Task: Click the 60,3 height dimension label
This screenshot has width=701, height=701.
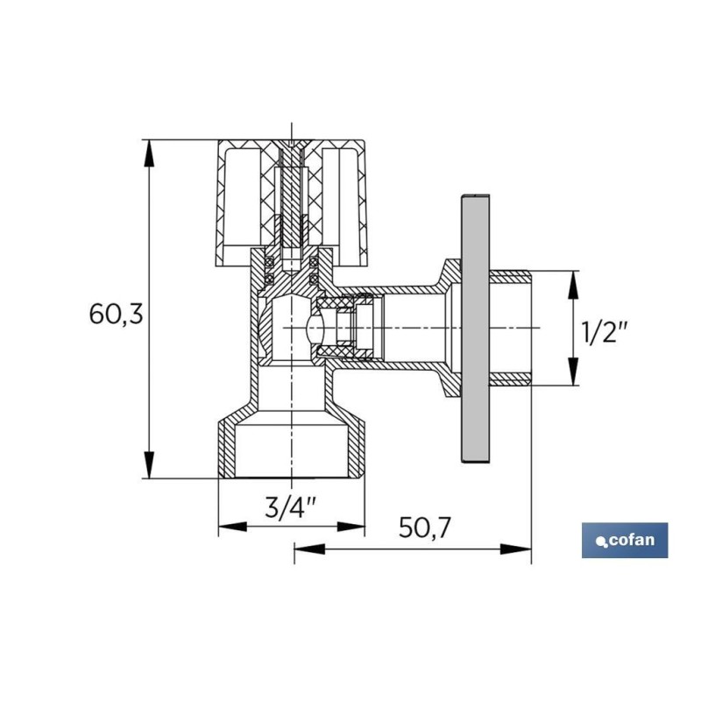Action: pyautogui.click(x=117, y=314)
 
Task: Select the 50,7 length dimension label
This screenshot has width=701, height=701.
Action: pyautogui.click(x=425, y=528)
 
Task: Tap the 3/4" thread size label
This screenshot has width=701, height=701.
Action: pyautogui.click(x=291, y=507)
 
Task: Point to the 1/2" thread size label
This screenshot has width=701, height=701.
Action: pyautogui.click(x=605, y=332)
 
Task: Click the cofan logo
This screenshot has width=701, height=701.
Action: pyautogui.click(x=625, y=540)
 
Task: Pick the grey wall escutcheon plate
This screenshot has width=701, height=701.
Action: pyautogui.click(x=475, y=329)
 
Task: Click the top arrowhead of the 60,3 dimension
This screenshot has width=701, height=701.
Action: pyautogui.click(x=149, y=153)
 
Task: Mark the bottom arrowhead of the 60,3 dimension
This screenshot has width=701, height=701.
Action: pyautogui.click(x=149, y=465)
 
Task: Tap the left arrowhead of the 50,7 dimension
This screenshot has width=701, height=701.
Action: pyautogui.click(x=309, y=549)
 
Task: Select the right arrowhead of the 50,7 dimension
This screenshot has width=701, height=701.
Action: pyautogui.click(x=516, y=549)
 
